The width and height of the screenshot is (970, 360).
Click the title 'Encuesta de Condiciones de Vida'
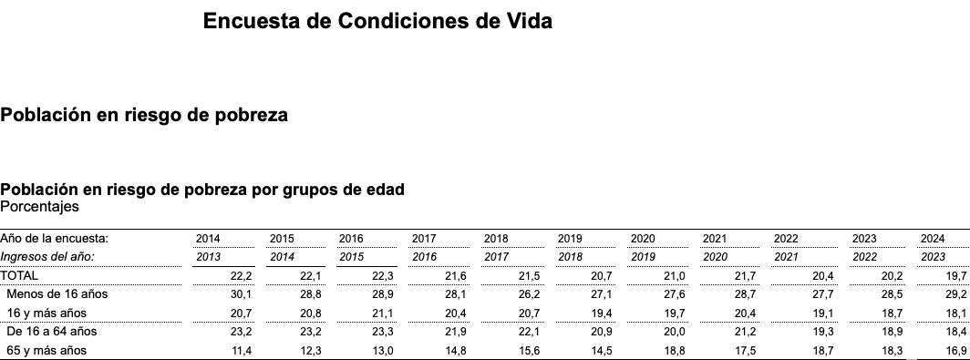tap(377, 21)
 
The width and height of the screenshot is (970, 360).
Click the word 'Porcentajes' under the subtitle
tap(39, 207)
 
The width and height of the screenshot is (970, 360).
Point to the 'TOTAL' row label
tap(19, 275)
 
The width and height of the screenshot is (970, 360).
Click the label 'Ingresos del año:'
tap(47, 257)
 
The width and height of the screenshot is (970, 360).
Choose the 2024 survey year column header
tap(933, 239)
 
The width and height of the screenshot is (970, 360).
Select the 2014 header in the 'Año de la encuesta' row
tap(208, 239)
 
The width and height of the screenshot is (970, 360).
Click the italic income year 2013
tap(208, 257)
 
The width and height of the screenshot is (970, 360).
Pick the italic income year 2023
tap(933, 257)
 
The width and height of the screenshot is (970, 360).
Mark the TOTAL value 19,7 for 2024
tap(956, 275)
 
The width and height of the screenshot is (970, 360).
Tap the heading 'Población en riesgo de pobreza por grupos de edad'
tap(202, 190)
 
